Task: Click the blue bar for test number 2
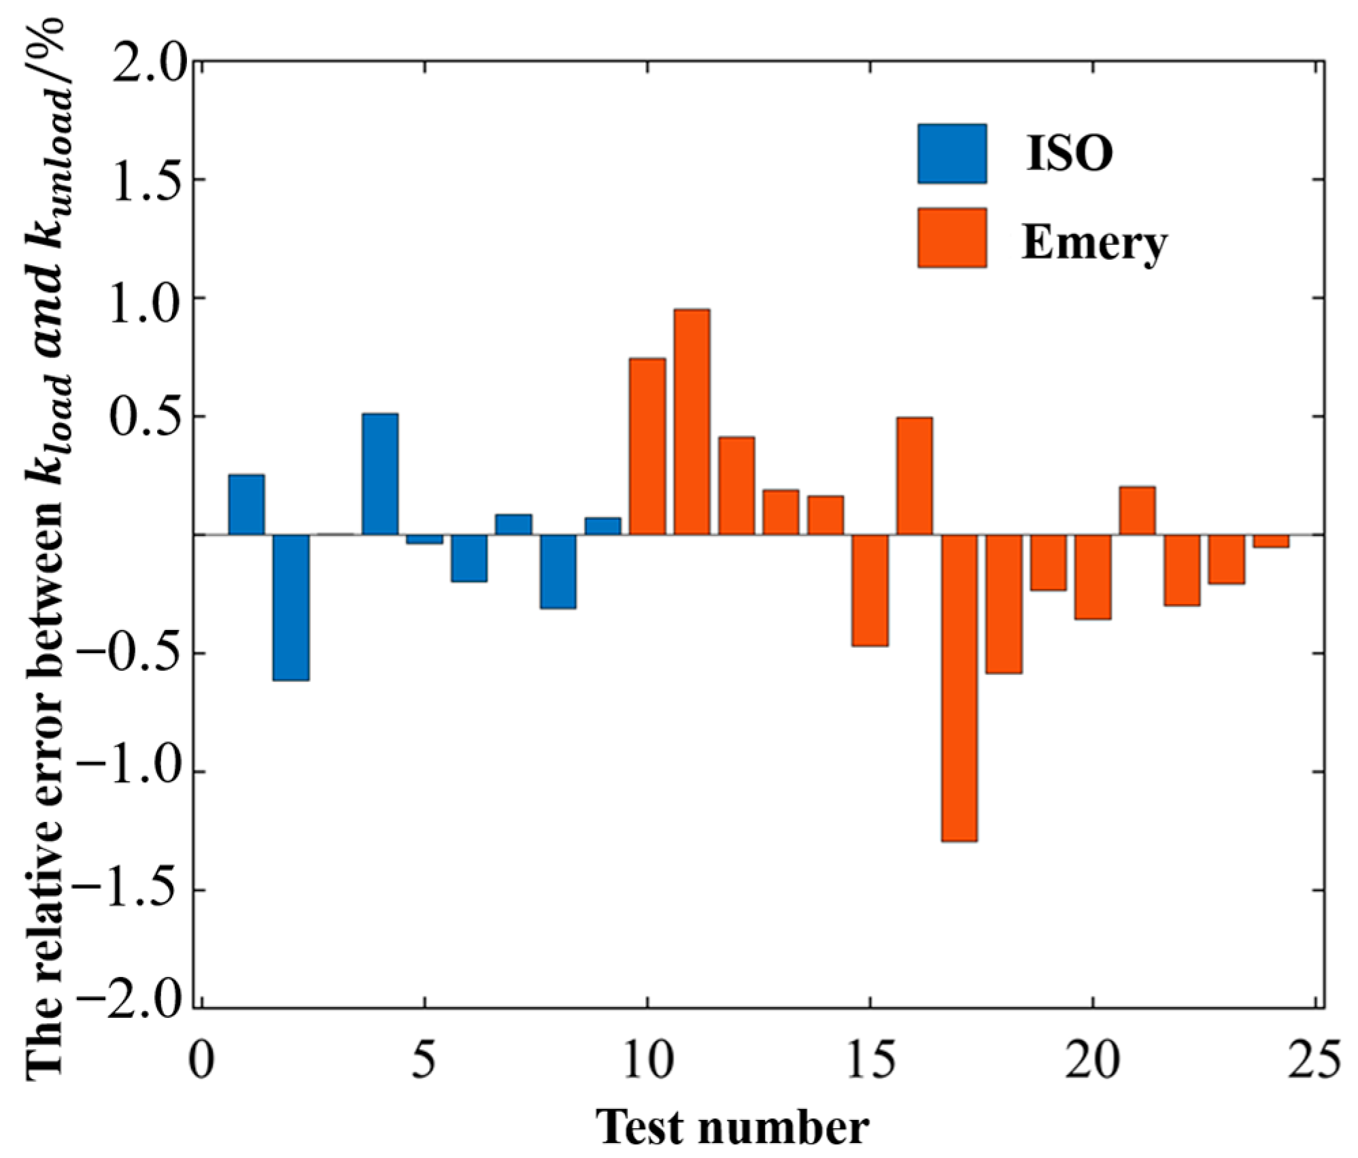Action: coord(291,606)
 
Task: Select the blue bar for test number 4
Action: coord(379,474)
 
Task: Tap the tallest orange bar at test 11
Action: coord(692,422)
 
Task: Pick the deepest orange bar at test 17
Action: coord(959,687)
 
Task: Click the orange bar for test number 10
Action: coord(647,446)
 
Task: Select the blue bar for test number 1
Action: coord(246,504)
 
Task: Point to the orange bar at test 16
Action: coord(914,476)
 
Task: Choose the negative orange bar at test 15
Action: coord(870,590)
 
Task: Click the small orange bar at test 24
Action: coord(1270,541)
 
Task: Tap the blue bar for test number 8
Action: coord(558,572)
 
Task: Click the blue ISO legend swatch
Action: coord(951,154)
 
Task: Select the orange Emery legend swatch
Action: coord(951,237)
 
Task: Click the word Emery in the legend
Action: coord(1093,242)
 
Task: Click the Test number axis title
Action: coord(732,1128)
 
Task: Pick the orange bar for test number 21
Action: coord(1137,510)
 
